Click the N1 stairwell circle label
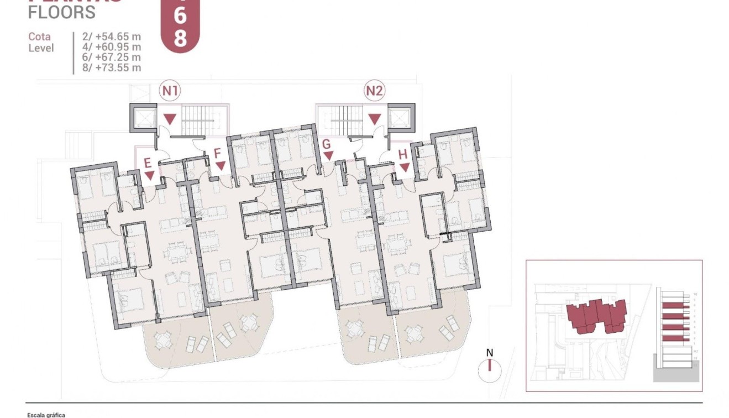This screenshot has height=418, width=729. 171,90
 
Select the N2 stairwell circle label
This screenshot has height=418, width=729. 375,90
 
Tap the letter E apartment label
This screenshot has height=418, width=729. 148,162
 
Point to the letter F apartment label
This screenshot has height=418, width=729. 217,153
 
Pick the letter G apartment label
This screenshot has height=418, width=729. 327,144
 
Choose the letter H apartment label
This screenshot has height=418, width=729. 403,154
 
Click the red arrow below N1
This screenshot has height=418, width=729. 171,118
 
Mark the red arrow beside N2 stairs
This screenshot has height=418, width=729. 375,118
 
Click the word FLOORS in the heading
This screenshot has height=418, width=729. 61,12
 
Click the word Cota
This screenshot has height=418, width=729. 40,37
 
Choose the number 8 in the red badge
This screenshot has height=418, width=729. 180,39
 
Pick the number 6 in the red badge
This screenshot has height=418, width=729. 180,17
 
